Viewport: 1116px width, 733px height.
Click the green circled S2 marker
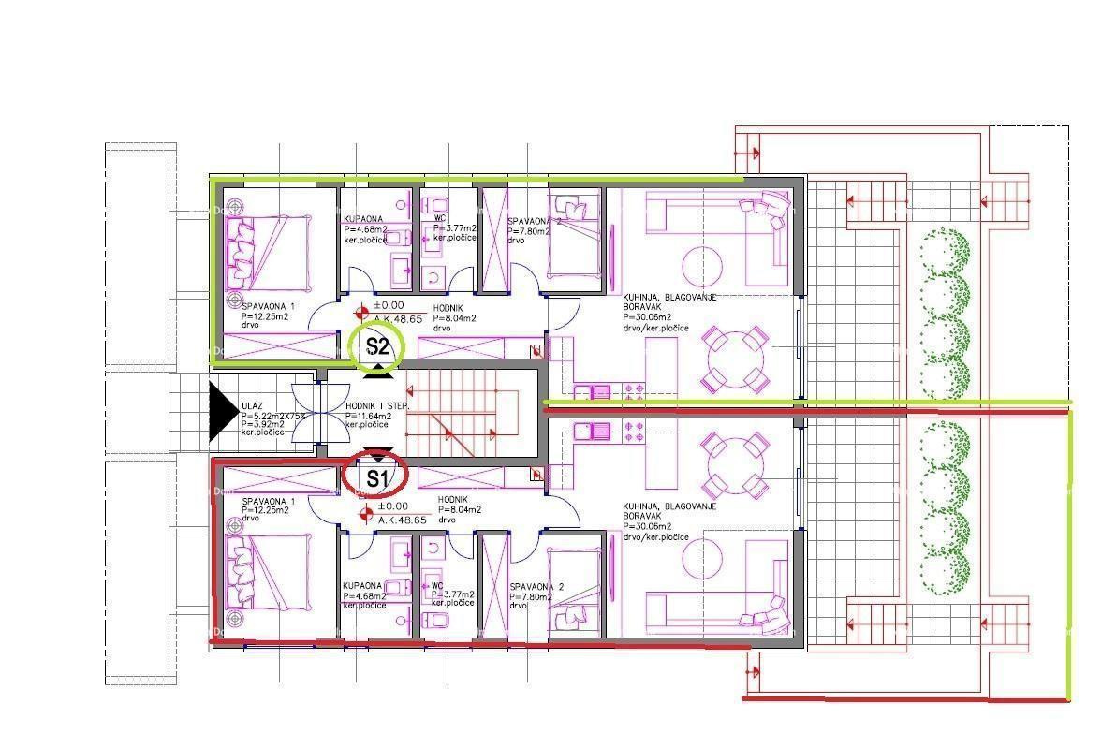coord(376,346)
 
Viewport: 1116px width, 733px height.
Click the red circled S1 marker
coord(375,477)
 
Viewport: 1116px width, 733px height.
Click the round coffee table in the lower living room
coord(702,561)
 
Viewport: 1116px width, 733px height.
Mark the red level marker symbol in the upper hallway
coord(362,312)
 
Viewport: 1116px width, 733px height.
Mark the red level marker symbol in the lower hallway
coord(366,512)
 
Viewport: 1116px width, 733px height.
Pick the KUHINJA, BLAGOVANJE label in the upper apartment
coord(669,298)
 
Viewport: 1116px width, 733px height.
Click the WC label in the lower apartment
coord(437,586)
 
